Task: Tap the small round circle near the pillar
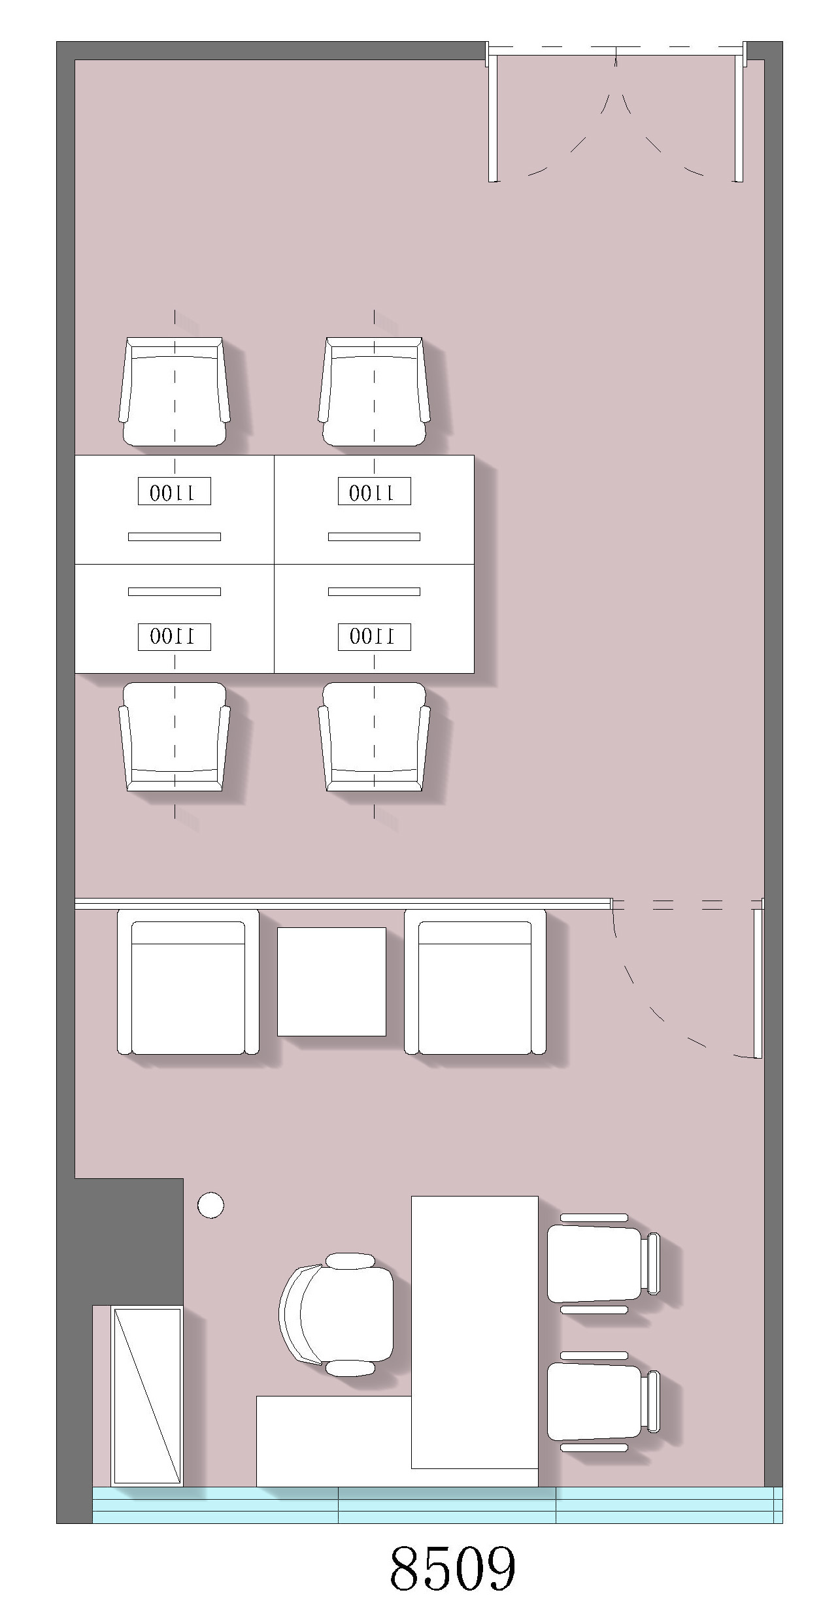coord(210,1205)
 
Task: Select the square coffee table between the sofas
coord(331,982)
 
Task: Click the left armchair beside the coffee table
coord(188,982)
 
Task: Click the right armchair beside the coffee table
coord(475,982)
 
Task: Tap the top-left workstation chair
coord(175,391)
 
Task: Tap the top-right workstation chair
coord(374,391)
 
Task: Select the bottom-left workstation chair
coord(175,737)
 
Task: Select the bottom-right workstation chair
coord(374,737)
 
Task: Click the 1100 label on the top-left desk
coord(174,491)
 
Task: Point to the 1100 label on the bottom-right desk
coord(374,637)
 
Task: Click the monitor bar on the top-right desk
coord(374,537)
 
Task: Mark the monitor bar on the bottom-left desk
coord(175,592)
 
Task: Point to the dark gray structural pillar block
coord(129,1242)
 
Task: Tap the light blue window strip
coord(437,1504)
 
